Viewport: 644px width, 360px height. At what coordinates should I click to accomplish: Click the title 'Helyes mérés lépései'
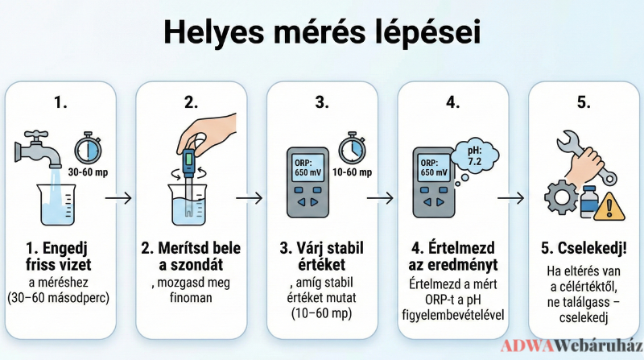click(x=322, y=32)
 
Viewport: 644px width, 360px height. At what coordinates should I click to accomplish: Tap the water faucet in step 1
click(x=38, y=149)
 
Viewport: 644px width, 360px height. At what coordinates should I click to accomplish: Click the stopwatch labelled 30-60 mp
click(x=88, y=147)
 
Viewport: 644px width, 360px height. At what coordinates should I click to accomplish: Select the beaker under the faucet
click(x=56, y=205)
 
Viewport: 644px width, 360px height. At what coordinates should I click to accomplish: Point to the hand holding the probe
click(x=208, y=132)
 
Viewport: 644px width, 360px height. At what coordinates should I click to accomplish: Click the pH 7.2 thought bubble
click(x=474, y=156)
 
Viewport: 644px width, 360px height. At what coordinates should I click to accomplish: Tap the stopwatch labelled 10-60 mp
click(x=352, y=147)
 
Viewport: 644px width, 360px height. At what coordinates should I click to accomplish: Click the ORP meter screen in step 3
click(x=308, y=168)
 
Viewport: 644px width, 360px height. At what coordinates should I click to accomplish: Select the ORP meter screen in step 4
click(x=434, y=168)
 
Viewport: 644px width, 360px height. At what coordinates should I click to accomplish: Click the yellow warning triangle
click(x=609, y=207)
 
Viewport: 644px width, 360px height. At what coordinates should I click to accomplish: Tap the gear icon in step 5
click(x=560, y=197)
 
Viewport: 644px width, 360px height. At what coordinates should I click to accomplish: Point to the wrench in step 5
click(x=587, y=157)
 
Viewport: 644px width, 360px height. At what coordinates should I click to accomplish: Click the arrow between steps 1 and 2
click(x=118, y=198)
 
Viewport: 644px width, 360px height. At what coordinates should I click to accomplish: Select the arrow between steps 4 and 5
click(x=511, y=198)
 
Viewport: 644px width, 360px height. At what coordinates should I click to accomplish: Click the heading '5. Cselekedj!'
click(x=584, y=248)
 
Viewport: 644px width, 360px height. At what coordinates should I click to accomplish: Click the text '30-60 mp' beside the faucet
click(x=88, y=172)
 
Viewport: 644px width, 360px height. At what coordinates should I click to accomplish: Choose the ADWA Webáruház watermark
click(x=572, y=346)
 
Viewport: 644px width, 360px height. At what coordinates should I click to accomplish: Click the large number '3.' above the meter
click(x=322, y=102)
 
